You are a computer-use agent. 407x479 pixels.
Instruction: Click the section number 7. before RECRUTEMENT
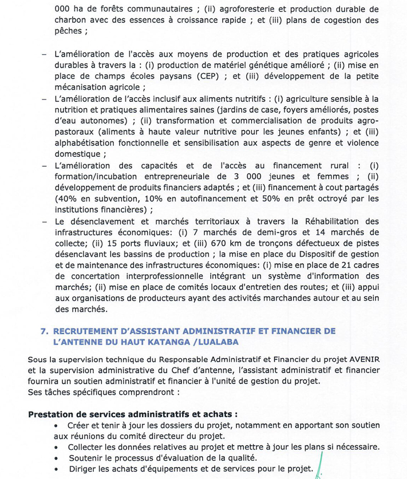pyautogui.click(x=44, y=331)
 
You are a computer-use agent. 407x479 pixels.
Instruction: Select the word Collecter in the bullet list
pyautogui.click(x=88, y=446)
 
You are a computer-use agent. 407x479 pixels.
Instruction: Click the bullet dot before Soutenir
pyautogui.click(x=57, y=458)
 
